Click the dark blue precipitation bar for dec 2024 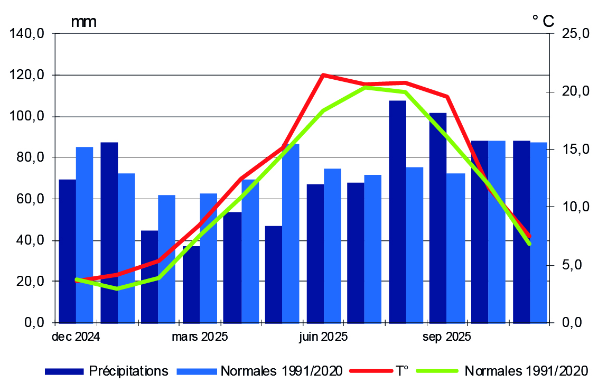tap(67, 251)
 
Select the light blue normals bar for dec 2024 tap(85, 235)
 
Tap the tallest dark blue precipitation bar tap(397, 211)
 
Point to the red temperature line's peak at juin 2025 tap(323, 74)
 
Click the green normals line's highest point tap(365, 87)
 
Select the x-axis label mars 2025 tap(200, 337)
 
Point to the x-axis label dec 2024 tap(76, 337)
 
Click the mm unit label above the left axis tap(83, 22)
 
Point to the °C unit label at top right tap(543, 21)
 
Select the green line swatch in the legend tap(436, 371)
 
